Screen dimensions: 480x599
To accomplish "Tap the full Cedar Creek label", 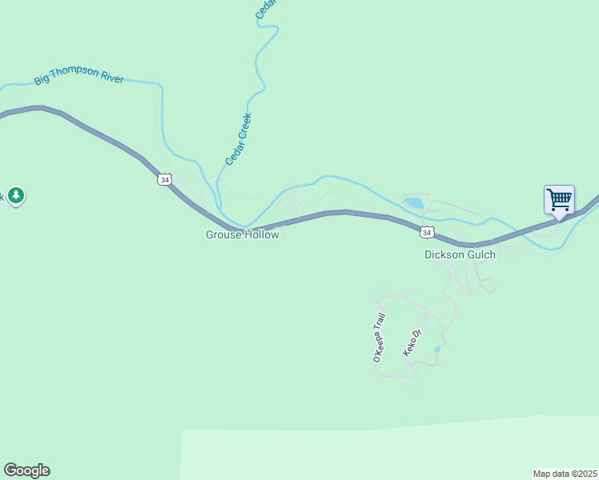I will pos(239,139).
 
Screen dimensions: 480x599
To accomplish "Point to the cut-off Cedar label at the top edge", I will pos(266,8).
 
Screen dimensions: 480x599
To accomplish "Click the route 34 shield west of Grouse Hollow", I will pos(164,180).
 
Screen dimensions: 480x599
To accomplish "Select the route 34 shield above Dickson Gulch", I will pos(427,232).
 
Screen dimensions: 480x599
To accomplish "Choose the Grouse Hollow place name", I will pos(242,235).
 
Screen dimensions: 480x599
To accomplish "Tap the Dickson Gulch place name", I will pos(460,254).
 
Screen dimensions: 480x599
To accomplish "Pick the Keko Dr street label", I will pos(412,343).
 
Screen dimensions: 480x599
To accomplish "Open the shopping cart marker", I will pos(558,199).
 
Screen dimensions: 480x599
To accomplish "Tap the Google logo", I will pos(26,470).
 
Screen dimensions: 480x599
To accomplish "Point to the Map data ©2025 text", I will pos(565,474).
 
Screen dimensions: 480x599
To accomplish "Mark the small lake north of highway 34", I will pos(413,203).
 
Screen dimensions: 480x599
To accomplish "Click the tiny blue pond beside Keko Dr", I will pos(436,350).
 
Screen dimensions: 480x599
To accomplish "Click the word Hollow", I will pos(262,235).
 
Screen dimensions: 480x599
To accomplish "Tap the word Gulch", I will pos(481,254).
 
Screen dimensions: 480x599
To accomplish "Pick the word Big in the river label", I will pos(42,82).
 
